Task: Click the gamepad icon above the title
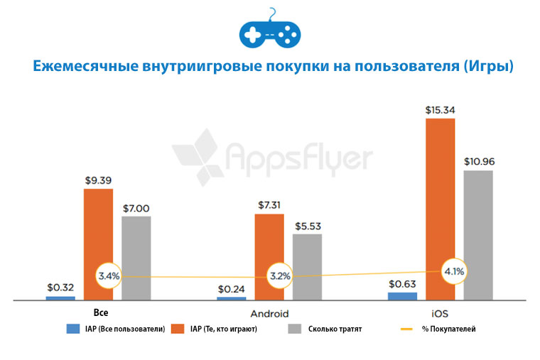pyautogui.click(x=270, y=31)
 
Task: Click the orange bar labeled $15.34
pyautogui.click(x=441, y=209)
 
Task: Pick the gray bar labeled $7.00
pyautogui.click(x=136, y=257)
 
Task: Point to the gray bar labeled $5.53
pyautogui.click(x=307, y=266)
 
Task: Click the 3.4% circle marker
pyautogui.click(x=109, y=276)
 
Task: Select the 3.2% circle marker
pyautogui.click(x=280, y=276)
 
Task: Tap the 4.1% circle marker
pyautogui.click(x=453, y=271)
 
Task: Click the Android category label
pyautogui.click(x=270, y=313)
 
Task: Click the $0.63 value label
pyautogui.click(x=402, y=284)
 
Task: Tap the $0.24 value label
pyautogui.click(x=231, y=289)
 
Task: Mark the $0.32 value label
pyautogui.click(x=60, y=288)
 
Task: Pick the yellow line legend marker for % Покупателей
pyautogui.click(x=406, y=329)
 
